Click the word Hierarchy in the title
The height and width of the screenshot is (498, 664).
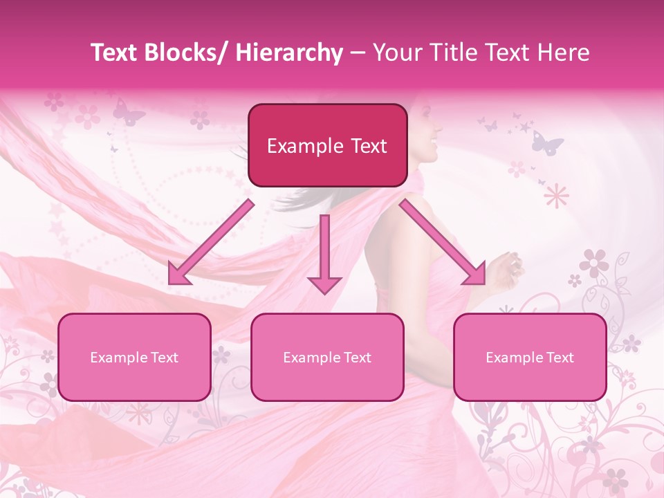tap(289, 53)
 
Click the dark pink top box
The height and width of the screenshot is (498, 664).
tap(327, 145)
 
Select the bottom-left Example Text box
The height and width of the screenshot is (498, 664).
tap(134, 357)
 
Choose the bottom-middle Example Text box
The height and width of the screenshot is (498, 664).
tap(327, 357)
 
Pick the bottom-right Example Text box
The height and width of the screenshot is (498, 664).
tap(530, 357)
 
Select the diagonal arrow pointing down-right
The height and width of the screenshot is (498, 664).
tap(443, 242)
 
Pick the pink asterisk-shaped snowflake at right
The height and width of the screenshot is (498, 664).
tap(555, 196)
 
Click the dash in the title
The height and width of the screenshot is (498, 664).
tap(358, 53)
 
